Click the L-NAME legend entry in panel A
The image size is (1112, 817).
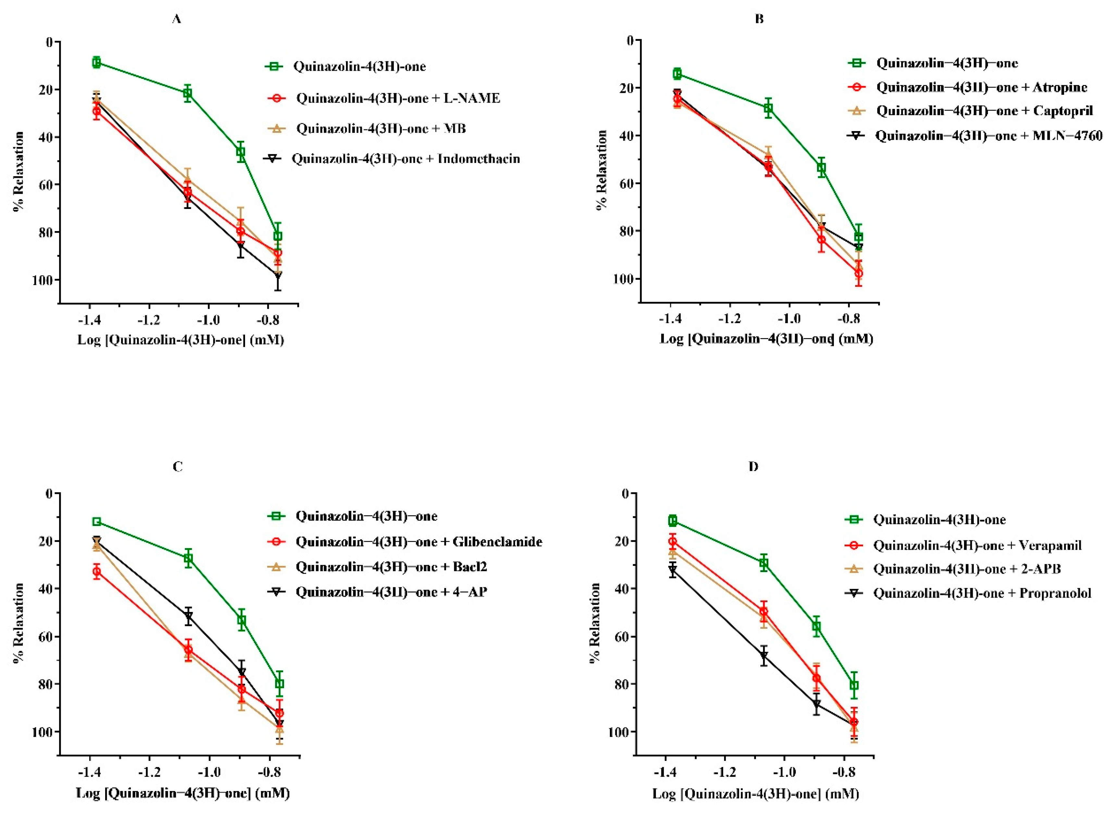pos(398,98)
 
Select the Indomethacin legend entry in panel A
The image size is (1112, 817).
pos(406,159)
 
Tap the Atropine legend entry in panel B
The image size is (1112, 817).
pos(982,87)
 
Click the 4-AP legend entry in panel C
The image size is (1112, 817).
pos(391,591)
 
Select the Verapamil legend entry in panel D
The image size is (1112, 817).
pos(977,545)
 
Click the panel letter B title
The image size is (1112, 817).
pos(760,19)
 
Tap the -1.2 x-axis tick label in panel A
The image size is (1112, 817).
pos(148,321)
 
